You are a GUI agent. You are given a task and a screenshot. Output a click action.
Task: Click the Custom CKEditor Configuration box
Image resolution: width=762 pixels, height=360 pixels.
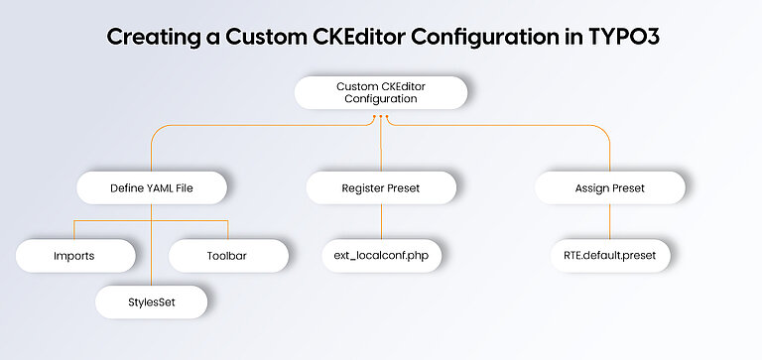pos(380,92)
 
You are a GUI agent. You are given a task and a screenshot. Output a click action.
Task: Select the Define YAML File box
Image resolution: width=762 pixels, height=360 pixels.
pos(152,186)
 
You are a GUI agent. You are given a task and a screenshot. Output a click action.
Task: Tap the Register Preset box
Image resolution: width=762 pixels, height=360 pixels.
pos(381,186)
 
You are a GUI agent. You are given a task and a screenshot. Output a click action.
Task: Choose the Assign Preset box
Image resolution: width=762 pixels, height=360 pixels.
pos(610,186)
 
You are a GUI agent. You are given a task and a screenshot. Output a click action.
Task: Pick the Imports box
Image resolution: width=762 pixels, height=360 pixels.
pos(73,256)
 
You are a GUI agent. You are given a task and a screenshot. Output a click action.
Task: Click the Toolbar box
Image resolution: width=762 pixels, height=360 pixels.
pos(228,256)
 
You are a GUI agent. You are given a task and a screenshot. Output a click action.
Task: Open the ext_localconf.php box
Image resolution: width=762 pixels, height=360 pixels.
pos(381,256)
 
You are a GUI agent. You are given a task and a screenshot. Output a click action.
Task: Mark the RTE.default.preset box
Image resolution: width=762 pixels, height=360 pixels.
pos(610,256)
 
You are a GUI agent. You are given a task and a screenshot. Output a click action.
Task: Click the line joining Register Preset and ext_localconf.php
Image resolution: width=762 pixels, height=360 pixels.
pos(381,221)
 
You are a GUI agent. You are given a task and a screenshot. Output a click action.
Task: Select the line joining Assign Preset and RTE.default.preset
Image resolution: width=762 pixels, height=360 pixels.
pos(610,221)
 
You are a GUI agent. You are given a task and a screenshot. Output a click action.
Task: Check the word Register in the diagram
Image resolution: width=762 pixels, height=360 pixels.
pos(361,186)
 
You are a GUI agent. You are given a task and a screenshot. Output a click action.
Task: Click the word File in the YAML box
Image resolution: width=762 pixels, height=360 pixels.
pos(186,186)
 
